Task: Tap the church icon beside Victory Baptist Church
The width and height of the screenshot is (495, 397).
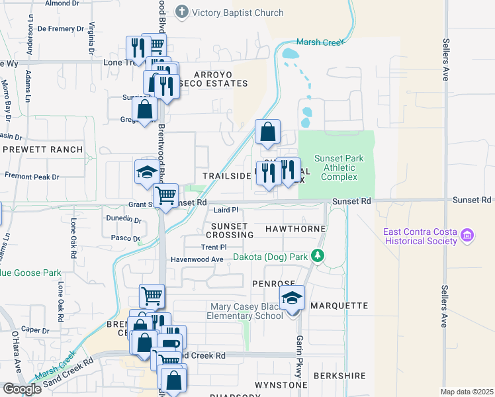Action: coord(182,11)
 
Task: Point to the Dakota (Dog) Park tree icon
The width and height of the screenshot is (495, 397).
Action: coord(318,255)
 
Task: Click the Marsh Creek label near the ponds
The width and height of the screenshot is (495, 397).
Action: coord(320,42)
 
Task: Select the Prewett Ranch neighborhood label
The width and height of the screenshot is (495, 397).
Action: coord(43,150)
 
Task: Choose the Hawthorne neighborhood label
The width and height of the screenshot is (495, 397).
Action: coord(295,229)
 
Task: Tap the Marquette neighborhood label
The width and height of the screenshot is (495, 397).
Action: coord(338,306)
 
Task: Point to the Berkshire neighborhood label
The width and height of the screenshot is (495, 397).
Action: coord(341,376)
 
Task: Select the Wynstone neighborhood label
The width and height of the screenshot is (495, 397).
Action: coord(281,384)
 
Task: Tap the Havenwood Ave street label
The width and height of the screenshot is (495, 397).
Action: coord(198,259)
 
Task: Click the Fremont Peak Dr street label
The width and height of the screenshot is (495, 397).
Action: coord(32,177)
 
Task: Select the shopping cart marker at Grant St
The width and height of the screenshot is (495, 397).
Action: coord(165,196)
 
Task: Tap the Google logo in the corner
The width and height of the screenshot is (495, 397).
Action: coord(21,389)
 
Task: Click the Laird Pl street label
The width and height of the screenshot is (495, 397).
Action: coord(225,210)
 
